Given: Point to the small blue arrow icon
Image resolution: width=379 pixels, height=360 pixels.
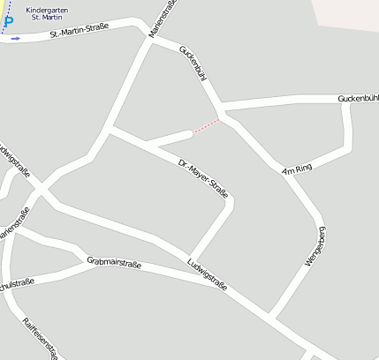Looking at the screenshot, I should click(x=15, y=38).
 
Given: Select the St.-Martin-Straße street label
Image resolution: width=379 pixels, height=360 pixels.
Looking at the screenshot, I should click(x=79, y=31).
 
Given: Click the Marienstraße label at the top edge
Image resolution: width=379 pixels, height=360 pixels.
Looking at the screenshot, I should click(x=163, y=18).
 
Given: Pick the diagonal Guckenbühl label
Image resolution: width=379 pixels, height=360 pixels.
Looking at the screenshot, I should click(x=193, y=64).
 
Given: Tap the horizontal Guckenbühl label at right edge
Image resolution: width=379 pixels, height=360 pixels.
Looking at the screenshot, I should click(x=358, y=98).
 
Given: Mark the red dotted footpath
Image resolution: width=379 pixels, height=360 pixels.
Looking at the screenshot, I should click(x=206, y=126).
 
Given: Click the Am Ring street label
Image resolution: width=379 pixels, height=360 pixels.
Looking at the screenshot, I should click(x=297, y=169).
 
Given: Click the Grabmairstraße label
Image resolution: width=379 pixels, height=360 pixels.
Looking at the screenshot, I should click(x=115, y=262).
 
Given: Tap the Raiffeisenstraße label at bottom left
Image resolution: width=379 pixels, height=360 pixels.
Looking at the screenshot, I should click(x=39, y=338).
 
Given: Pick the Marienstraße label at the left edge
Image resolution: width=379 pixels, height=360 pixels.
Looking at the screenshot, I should click(x=12, y=224).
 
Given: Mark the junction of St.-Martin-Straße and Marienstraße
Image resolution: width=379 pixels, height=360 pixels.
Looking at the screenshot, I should click(x=147, y=35).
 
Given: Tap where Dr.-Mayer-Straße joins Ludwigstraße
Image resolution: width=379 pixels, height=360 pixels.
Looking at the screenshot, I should click(x=186, y=257).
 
